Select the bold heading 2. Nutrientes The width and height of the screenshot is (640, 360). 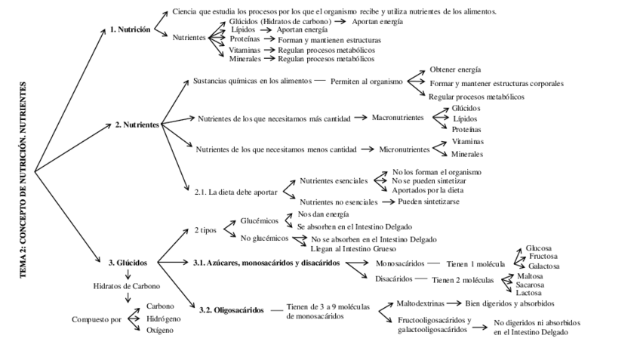click(137, 125)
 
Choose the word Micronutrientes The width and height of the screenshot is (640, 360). click(403, 149)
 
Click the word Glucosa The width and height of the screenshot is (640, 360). click(539, 248)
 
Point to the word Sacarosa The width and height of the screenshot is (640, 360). click(531, 285)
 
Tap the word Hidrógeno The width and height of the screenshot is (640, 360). click(165, 318)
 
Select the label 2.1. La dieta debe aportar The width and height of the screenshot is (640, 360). click(235, 192)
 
